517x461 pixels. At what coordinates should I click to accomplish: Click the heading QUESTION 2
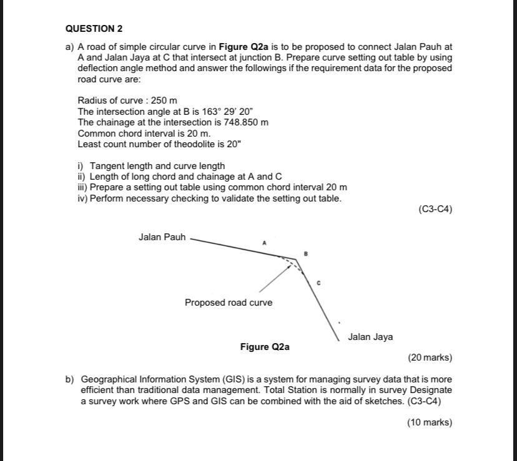[x=94, y=29]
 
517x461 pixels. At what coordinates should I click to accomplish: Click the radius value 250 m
[x=164, y=100]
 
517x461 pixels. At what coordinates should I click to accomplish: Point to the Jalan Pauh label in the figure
[x=162, y=237]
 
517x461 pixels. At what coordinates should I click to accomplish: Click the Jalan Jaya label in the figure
[x=370, y=337]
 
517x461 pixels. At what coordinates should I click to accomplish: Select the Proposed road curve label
[x=228, y=303]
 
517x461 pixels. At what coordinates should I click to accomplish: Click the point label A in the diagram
[x=264, y=242]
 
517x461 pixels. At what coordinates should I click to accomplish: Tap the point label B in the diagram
[x=306, y=254]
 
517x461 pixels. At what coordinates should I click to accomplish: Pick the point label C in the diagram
[x=318, y=283]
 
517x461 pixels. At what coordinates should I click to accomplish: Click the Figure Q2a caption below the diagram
[x=265, y=347]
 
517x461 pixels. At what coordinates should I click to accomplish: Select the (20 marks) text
[x=430, y=357]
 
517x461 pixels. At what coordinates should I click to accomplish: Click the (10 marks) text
[x=430, y=422]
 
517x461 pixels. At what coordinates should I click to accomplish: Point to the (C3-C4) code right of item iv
[x=435, y=210]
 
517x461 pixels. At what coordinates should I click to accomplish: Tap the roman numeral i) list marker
[x=81, y=166]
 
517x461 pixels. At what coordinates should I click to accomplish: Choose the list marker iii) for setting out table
[x=82, y=187]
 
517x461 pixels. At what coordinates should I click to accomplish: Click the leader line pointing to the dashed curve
[x=273, y=279]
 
